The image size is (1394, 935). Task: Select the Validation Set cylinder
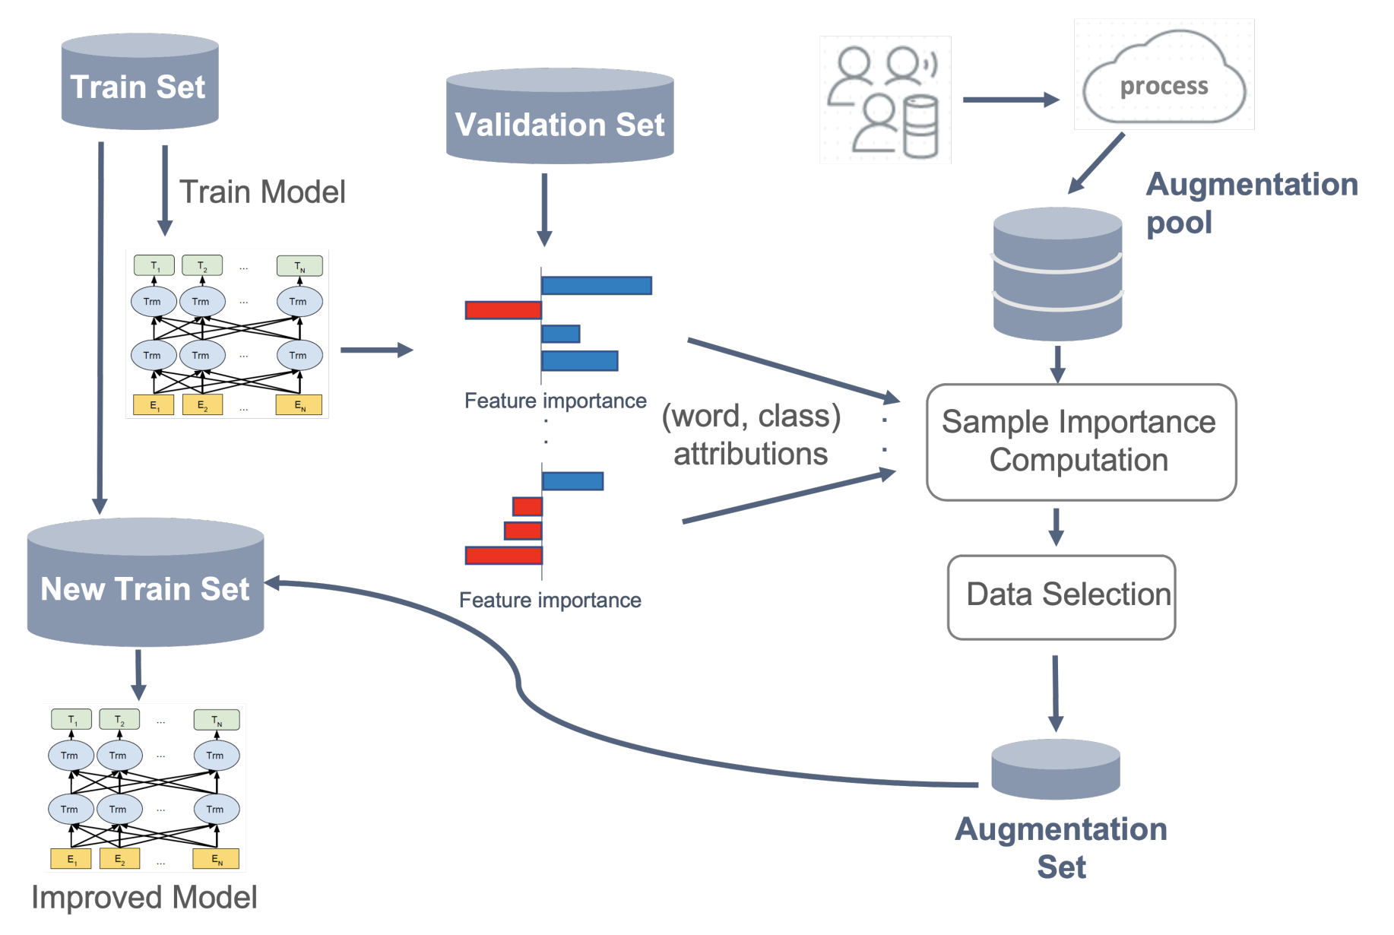coord(559,118)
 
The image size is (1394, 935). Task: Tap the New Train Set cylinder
coord(145,584)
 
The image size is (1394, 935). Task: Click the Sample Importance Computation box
coord(1081,442)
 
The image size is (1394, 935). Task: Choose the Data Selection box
coord(1061,597)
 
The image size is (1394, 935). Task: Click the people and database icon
coord(886,100)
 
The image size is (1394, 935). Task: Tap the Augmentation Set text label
coord(1061,847)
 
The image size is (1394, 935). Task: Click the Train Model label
coord(262,192)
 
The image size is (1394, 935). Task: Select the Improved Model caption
coord(144,897)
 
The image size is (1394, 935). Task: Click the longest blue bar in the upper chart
coord(597,286)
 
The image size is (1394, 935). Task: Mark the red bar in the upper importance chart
coord(503,310)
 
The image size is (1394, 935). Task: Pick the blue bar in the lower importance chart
coord(573,481)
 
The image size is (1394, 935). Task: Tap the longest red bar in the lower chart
coord(504,556)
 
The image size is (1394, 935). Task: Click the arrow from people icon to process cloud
coord(1011,100)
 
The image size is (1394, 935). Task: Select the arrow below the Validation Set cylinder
coord(544,209)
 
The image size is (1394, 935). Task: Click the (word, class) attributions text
coord(751,435)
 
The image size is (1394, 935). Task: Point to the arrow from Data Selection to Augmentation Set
coord(1055,692)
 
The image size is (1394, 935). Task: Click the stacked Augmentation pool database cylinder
coord(1057,274)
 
